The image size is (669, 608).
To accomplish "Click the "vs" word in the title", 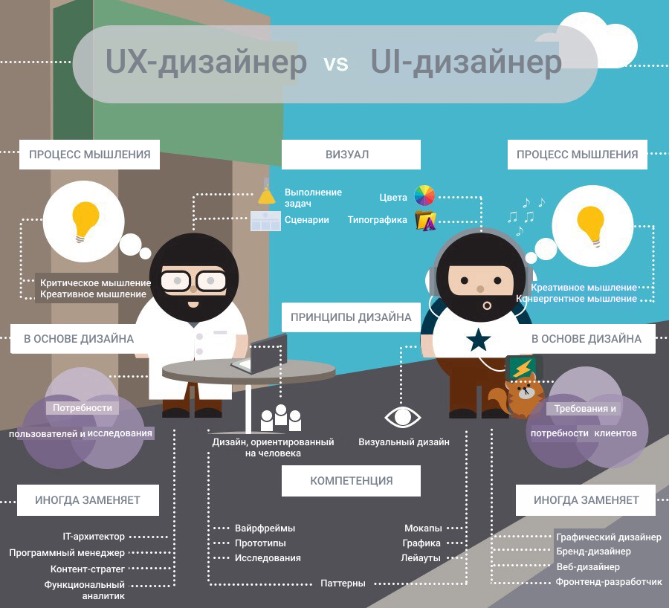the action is pos(336,64).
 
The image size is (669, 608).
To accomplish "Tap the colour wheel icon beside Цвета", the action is pos(424,195).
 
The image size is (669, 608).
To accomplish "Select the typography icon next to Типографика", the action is pos(425,220).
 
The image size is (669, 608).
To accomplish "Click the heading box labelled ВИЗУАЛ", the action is pos(351,155).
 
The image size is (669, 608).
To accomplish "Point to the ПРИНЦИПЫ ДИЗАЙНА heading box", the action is pos(351,317).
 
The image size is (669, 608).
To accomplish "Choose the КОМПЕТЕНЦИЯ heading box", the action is pos(351,480).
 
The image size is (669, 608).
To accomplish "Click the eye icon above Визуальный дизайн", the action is pos(402,417).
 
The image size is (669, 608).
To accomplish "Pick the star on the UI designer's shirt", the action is pos(478,340).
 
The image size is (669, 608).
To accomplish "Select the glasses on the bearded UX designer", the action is pos(193,281).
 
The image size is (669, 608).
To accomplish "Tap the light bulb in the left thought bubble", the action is pos(85,221).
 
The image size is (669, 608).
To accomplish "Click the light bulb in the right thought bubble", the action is pos(590,226).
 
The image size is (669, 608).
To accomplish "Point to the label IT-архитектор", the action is pos(94,537).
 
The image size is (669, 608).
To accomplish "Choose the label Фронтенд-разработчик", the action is pos(608,581).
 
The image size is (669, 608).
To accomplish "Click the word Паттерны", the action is pos(343,583).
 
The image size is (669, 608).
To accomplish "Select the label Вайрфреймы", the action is pos(265,528).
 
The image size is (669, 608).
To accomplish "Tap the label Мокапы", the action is pos(423,528).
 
